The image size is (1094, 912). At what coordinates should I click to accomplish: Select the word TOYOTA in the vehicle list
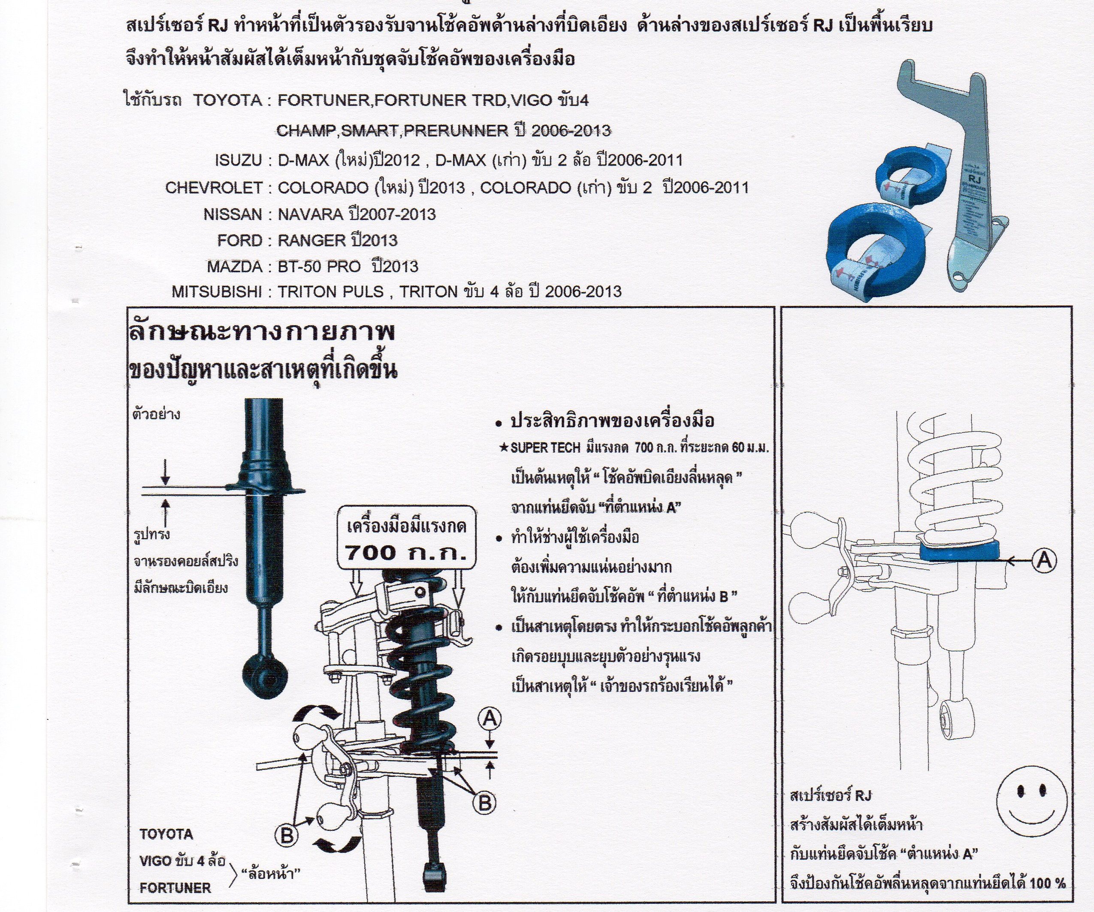228,100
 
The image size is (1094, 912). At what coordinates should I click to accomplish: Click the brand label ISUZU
238,160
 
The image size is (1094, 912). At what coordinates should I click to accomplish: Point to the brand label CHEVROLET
214,187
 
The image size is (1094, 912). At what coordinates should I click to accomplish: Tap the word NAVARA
310,214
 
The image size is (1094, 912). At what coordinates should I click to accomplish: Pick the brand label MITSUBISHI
217,292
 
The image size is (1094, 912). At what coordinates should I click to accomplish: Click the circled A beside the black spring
489,720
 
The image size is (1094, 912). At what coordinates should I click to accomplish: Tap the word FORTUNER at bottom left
175,888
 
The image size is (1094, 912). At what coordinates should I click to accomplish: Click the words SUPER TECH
545,448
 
